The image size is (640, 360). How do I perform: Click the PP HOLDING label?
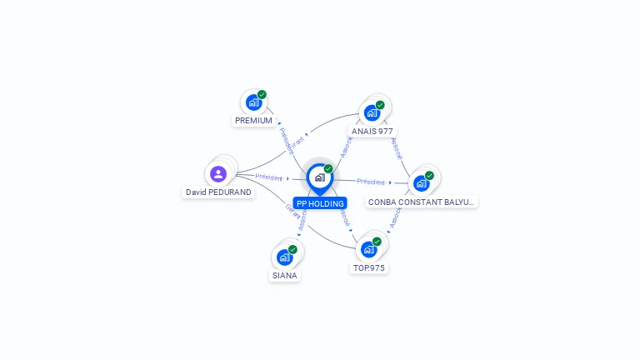pos(320,203)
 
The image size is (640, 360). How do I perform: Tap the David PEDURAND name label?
pos(218,192)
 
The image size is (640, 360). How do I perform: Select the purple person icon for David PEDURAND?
pos(218,173)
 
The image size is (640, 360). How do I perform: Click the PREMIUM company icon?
pos(253,102)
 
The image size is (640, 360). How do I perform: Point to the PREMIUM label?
pos(253,120)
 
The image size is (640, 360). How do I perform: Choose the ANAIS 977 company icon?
pos(372,112)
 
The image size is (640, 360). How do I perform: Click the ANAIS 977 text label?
pos(372,131)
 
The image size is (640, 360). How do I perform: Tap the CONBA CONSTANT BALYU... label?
pos(422,202)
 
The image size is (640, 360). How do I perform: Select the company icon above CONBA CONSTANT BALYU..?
pos(421,182)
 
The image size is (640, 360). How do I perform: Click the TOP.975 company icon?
pos(369,248)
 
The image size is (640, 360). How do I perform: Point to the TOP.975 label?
pos(369,268)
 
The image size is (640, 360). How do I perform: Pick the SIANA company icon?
pos(284,257)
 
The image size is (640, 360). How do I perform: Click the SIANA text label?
pos(284,275)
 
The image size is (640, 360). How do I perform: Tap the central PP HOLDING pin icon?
pos(319,177)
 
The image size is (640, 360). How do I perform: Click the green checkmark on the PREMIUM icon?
pos(262,95)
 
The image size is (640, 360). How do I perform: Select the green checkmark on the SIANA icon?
pos(292,249)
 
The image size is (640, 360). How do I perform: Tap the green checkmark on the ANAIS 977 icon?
pos(380,105)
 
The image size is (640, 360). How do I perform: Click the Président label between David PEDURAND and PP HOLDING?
pos(269,177)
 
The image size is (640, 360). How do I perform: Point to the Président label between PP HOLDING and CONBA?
pos(371,182)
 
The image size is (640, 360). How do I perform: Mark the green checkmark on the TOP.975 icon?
pos(377,242)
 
